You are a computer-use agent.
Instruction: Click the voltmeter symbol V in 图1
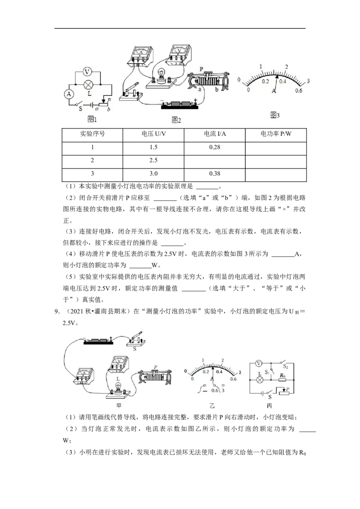(87, 72)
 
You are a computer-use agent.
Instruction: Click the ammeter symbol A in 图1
(69, 94)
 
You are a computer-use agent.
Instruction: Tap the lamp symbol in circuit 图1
(88, 85)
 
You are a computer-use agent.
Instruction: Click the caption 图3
(275, 115)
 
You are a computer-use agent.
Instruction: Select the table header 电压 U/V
(153, 134)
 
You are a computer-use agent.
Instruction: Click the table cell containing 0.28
(215, 147)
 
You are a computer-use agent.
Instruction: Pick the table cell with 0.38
(215, 174)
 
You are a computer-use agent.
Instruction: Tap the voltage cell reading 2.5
(153, 161)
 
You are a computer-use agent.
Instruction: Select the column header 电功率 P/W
(276, 134)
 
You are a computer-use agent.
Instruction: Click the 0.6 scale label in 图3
(299, 90)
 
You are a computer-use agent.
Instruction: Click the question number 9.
(57, 312)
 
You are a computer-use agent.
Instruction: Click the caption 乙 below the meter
(212, 406)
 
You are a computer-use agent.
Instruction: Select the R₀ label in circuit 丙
(283, 376)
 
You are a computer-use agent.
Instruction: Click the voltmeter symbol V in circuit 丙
(259, 364)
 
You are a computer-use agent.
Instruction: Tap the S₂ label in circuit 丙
(286, 367)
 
